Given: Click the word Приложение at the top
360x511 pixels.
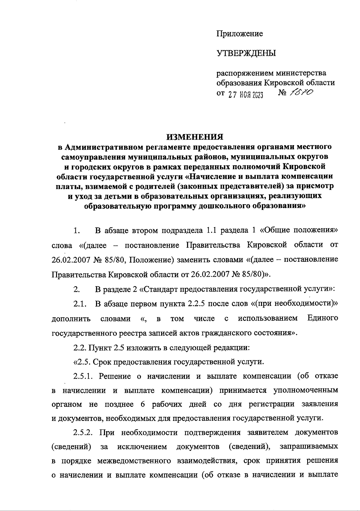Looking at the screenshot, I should click(240, 34).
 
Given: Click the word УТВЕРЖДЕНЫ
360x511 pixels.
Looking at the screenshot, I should click(246, 54).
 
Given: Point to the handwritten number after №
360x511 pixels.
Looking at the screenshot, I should click(301, 94).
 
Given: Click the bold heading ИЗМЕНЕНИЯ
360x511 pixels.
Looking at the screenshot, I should click(195, 137).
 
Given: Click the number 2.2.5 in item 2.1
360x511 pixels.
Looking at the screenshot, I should click(196, 304).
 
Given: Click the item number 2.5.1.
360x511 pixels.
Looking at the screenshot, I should click(84, 376).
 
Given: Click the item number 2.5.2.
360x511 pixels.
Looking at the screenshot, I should click(84, 433).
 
